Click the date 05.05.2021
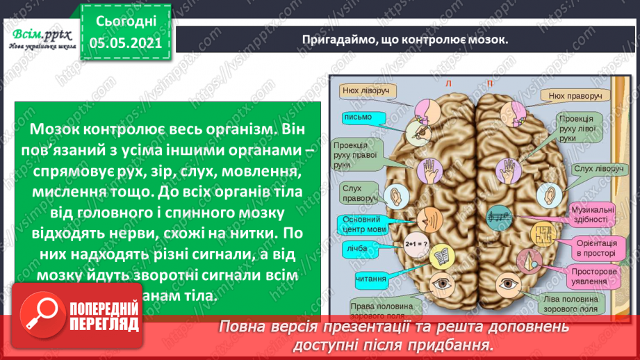[x=125, y=43]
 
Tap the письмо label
[x=358, y=117]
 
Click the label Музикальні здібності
[x=591, y=213]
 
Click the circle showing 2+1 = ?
[x=414, y=245]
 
